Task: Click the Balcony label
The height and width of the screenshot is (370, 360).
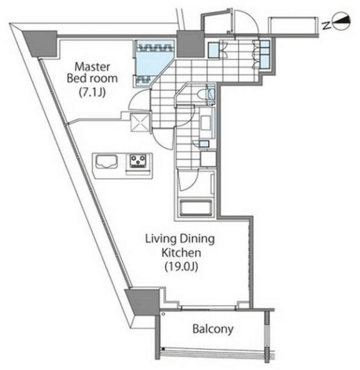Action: point(212,329)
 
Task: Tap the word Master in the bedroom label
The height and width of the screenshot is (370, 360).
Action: point(92,67)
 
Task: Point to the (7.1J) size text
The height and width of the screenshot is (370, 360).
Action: point(92,92)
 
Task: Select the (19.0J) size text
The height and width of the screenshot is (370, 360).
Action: point(181,266)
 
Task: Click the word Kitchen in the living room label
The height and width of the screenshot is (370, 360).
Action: point(181,252)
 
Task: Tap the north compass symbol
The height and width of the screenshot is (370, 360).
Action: point(341,22)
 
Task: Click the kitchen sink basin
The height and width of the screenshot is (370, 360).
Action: point(106,161)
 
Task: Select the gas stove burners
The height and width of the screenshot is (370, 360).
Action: point(138,161)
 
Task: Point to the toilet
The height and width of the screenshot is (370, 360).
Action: point(203,94)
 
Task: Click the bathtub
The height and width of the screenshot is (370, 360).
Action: point(196,207)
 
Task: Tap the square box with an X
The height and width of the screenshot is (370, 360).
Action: point(140,122)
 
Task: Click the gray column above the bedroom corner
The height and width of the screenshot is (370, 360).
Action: point(41,44)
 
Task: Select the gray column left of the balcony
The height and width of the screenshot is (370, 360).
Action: point(142,302)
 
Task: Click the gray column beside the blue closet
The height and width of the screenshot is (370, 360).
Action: point(191,44)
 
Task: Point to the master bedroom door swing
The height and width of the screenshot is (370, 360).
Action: point(139,100)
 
